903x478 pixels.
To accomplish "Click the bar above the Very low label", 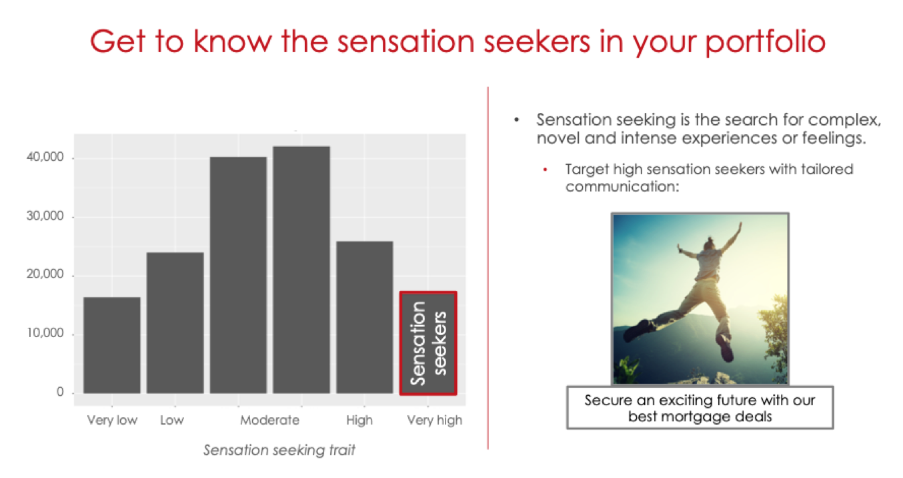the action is pos(112,345).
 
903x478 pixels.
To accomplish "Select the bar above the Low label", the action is pos(175,322).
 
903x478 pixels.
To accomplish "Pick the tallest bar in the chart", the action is pos(301,270).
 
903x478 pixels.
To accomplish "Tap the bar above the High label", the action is pos(365,318).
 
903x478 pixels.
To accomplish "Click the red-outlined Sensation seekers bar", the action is pos(428,343).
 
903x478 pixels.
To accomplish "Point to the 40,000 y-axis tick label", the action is pos(45,157).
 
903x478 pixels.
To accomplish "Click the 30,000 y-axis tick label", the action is pos(45,216).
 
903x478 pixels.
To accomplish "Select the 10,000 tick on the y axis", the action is pos(45,333).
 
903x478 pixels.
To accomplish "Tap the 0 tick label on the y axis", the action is pos(60,392).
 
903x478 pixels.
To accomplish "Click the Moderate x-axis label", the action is pos(269,421).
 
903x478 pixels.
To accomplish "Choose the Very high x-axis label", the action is pos(435,421).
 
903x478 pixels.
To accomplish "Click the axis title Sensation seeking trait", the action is pos(279,450).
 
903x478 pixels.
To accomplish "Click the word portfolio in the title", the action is pos(766,42).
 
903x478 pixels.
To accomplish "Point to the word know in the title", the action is pos(233,41).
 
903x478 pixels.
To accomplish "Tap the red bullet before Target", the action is pos(545,170).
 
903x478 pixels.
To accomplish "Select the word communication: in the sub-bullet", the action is pos(622,187).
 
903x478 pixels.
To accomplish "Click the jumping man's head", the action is pos(708,244).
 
